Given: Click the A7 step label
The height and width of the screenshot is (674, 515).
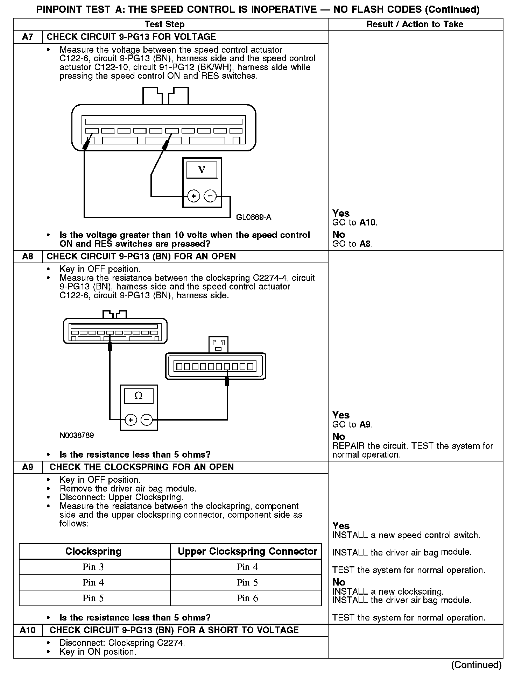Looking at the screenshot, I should tap(28, 37).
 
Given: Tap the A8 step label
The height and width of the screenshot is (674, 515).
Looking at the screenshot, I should tap(28, 257).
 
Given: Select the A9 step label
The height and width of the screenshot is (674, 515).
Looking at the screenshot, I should tap(28, 467).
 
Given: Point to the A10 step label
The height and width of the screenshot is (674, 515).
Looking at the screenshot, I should tap(28, 630).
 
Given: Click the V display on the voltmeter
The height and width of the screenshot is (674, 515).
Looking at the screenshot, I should tap(202, 170).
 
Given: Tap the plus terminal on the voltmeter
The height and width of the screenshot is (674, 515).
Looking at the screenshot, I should tap(193, 196).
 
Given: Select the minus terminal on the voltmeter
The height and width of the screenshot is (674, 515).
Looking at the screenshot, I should tap(210, 196).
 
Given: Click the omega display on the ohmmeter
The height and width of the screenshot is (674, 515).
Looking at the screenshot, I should tap(139, 396).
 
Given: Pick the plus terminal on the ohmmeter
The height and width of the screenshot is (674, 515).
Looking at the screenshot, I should tap(130, 420).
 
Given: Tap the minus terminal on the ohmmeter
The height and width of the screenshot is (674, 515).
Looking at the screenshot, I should tap(147, 420).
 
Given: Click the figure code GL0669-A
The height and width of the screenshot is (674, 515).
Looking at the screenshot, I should tap(254, 217).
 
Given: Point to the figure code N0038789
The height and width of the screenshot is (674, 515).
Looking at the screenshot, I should tap(77, 436).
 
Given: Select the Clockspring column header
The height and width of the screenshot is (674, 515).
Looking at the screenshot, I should tap(93, 552).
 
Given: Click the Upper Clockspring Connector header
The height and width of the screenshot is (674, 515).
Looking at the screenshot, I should tap(247, 552).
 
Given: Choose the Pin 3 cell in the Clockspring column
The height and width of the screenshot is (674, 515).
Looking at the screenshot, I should tap(93, 567).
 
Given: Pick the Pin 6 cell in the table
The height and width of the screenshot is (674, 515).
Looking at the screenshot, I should tap(247, 598).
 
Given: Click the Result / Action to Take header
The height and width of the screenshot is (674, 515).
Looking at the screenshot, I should tap(415, 24).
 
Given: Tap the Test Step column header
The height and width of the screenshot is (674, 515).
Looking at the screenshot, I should tap(164, 24).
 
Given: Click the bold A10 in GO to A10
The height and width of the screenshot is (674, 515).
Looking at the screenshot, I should tap(368, 223).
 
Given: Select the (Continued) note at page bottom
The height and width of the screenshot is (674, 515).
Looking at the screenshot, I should tap(476, 665).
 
